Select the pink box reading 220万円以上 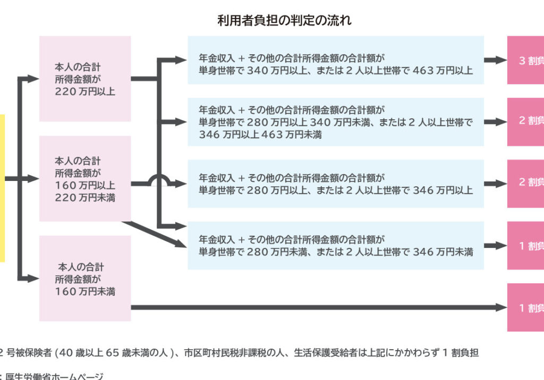tap(85, 79)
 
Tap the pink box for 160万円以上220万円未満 tap(85, 178)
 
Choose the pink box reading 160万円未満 tap(85, 278)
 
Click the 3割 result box tap(526, 60)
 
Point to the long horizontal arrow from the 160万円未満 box tap(319, 307)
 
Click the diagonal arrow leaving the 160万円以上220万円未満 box tap(154, 235)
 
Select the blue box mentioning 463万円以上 tap(336, 60)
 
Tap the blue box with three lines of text tap(336, 122)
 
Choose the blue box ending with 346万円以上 tap(336, 184)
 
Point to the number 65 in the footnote tap(112, 352)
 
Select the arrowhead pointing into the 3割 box tap(500, 60)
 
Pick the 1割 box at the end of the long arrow tap(526, 307)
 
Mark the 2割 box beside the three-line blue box tap(526, 122)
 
